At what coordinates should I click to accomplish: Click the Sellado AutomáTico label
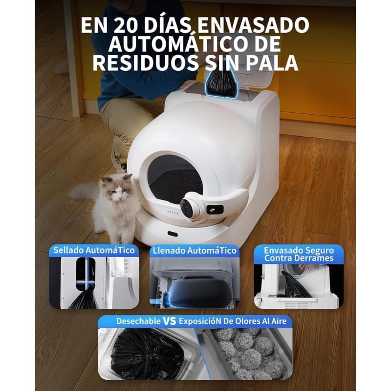point(94,250)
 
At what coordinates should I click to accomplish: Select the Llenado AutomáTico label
point(195,250)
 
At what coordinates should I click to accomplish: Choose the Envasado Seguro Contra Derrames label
point(299,254)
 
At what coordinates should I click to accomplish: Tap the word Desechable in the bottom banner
point(138,321)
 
